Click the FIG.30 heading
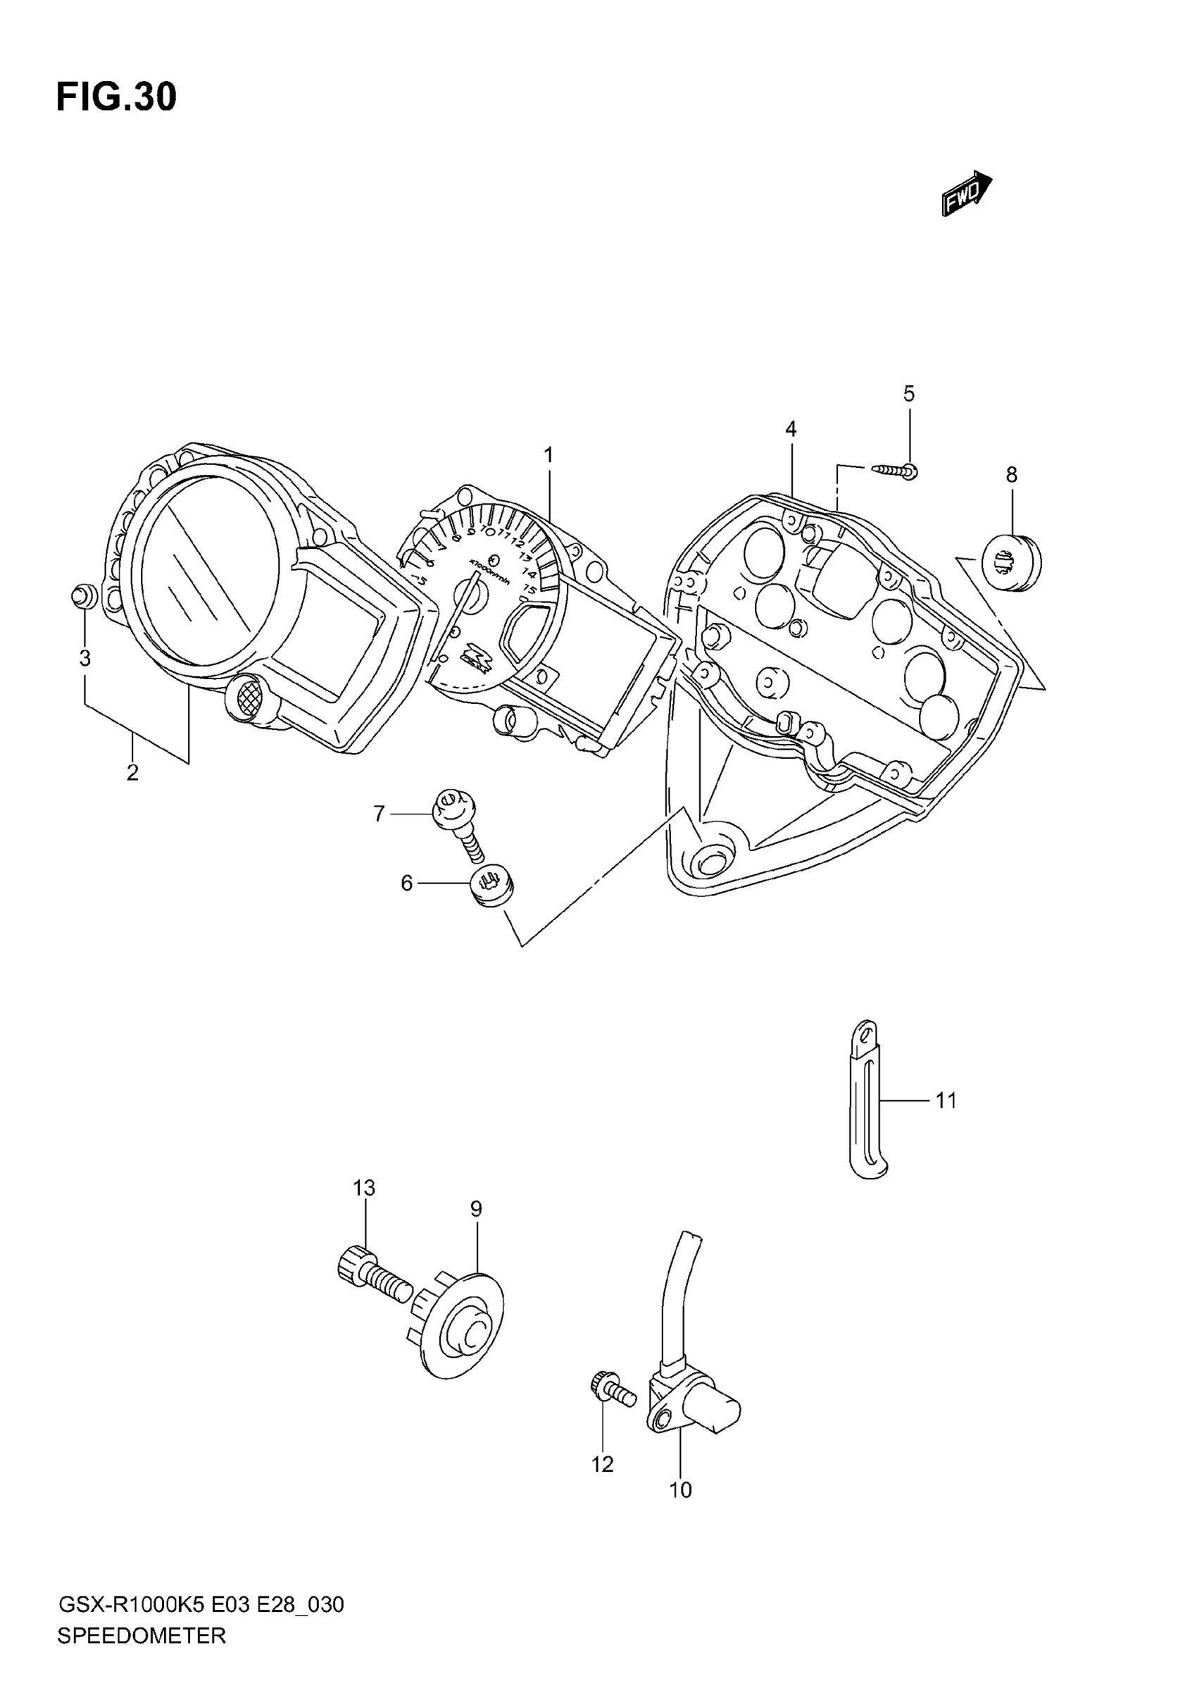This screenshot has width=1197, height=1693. click(x=116, y=98)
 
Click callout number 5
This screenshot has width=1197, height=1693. click(x=909, y=395)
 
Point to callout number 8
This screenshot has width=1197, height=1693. click(x=1011, y=476)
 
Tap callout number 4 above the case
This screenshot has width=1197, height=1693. click(x=791, y=429)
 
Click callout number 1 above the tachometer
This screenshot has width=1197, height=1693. click(x=549, y=456)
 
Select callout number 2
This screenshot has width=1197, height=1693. click(x=132, y=774)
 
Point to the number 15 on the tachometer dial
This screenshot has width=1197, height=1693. click(x=528, y=589)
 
